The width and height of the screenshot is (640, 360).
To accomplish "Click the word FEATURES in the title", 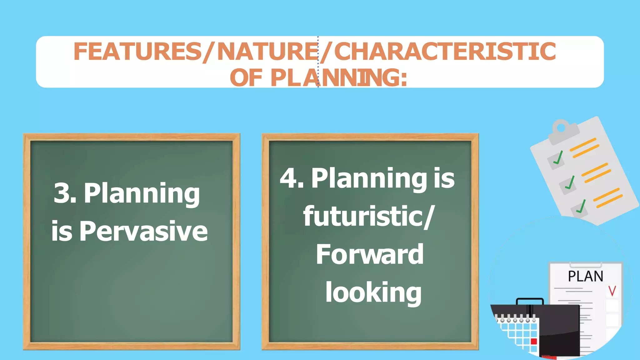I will pyautogui.click(x=137, y=52).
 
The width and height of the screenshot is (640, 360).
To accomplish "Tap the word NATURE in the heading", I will pyautogui.click(x=267, y=52).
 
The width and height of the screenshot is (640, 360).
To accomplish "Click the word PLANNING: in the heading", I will pyautogui.click(x=339, y=78).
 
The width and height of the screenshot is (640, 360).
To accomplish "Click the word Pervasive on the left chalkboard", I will pyautogui.click(x=143, y=232).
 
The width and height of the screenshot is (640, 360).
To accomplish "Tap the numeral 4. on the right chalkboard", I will pyautogui.click(x=292, y=178).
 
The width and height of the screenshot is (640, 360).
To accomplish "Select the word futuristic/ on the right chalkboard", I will pyautogui.click(x=369, y=217).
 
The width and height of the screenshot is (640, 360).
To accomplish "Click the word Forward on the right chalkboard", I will pyautogui.click(x=370, y=255).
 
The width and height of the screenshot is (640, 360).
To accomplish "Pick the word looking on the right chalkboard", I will pyautogui.click(x=373, y=293).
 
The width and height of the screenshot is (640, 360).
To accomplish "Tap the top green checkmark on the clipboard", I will pyautogui.click(x=558, y=158).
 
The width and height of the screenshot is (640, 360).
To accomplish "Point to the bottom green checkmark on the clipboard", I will pyautogui.click(x=581, y=207).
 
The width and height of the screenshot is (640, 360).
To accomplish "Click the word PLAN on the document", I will pyautogui.click(x=585, y=277).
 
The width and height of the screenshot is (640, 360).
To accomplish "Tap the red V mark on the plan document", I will pyautogui.click(x=612, y=291).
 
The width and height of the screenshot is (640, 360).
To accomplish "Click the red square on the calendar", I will pyautogui.click(x=534, y=341).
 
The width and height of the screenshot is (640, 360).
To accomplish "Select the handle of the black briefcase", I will pyautogui.click(x=530, y=301).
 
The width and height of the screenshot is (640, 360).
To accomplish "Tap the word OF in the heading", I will pyautogui.click(x=246, y=78).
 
